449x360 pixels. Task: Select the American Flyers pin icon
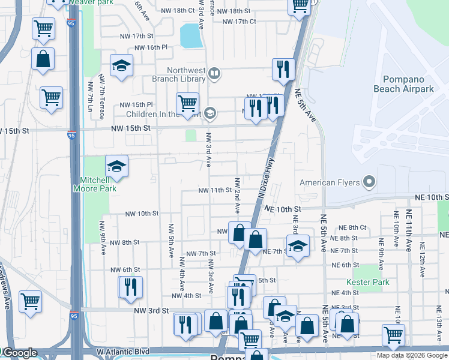point(370,182)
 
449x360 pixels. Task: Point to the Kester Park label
point(367,282)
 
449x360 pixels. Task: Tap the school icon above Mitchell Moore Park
point(117,166)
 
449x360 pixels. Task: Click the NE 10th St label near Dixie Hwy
point(281,208)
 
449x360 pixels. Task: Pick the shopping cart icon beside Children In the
point(187,103)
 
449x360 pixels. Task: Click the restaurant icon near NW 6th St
point(130,286)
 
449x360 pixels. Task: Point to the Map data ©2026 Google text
point(412,355)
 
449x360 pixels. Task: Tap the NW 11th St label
point(215,190)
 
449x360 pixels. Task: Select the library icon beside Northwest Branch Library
point(214,74)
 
